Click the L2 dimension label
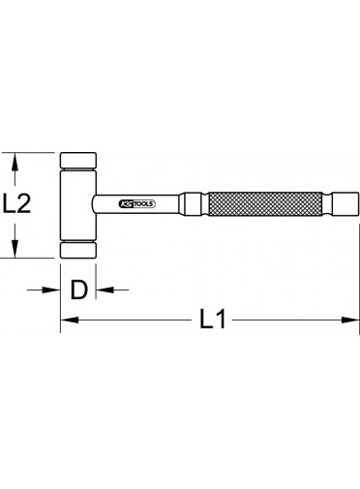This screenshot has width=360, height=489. tap(16, 203)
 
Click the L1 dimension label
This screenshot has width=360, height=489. tap(212, 320)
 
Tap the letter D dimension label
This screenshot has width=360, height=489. tap(78, 290)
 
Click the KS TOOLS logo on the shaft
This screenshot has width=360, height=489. tap(137, 203)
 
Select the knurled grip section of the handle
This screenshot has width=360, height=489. tap(265, 203)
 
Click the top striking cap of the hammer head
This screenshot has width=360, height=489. tap(78, 160)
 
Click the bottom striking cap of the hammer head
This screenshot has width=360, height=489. tap(78, 251)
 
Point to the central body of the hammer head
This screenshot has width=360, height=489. tap(78, 205)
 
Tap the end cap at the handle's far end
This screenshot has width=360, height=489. tap(345, 203)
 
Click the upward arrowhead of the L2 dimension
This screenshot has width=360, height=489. tap(14, 162)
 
